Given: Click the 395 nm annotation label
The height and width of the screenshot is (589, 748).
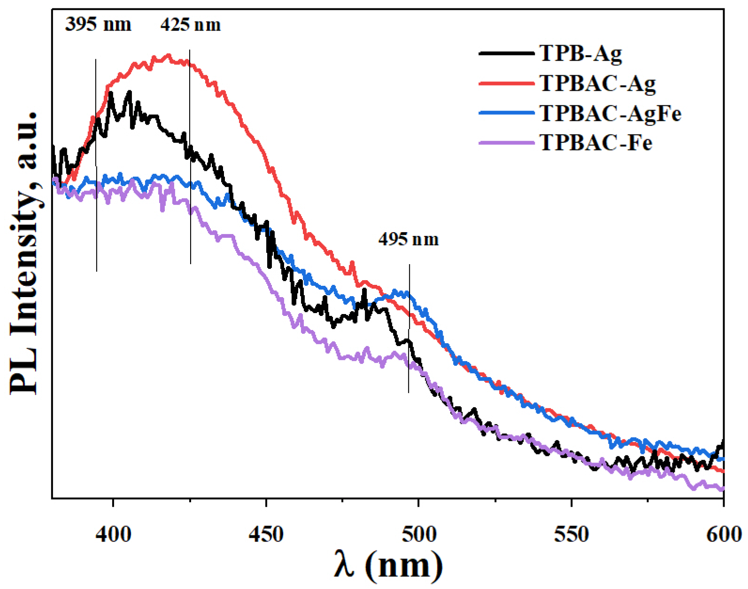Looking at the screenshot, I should tap(98, 24).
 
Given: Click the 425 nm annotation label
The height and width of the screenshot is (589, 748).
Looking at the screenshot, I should tap(191, 24).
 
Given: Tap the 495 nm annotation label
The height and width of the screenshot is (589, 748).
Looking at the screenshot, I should tap(409, 239).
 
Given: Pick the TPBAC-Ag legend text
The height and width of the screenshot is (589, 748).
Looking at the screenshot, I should tap(597, 83).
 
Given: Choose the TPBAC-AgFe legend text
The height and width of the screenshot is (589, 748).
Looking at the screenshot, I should tap(610, 113).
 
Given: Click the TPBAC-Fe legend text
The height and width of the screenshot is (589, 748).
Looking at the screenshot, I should tap(596, 142).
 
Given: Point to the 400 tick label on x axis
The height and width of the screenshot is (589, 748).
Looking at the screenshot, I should tap(113, 534).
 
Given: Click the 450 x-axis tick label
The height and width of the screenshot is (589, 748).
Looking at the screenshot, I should tap(266, 534).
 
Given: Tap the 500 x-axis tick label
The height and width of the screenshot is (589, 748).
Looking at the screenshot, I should tap(419, 534).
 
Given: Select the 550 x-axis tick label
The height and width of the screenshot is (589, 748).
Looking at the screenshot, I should tap(571, 534).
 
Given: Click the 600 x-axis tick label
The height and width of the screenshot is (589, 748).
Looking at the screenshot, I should tap(724, 534).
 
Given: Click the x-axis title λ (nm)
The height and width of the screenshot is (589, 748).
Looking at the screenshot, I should tap(389, 565).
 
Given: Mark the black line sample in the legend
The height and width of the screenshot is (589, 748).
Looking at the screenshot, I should tap(507, 53).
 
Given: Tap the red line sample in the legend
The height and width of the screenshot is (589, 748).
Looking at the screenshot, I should tap(507, 83).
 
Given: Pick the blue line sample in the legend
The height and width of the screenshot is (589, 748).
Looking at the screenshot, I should tap(507, 113).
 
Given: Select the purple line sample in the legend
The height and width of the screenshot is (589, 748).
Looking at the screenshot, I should tap(507, 142).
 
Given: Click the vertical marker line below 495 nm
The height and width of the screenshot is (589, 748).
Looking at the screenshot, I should tap(409, 329).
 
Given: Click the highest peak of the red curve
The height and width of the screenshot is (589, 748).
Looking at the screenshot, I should tap(169, 55).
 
